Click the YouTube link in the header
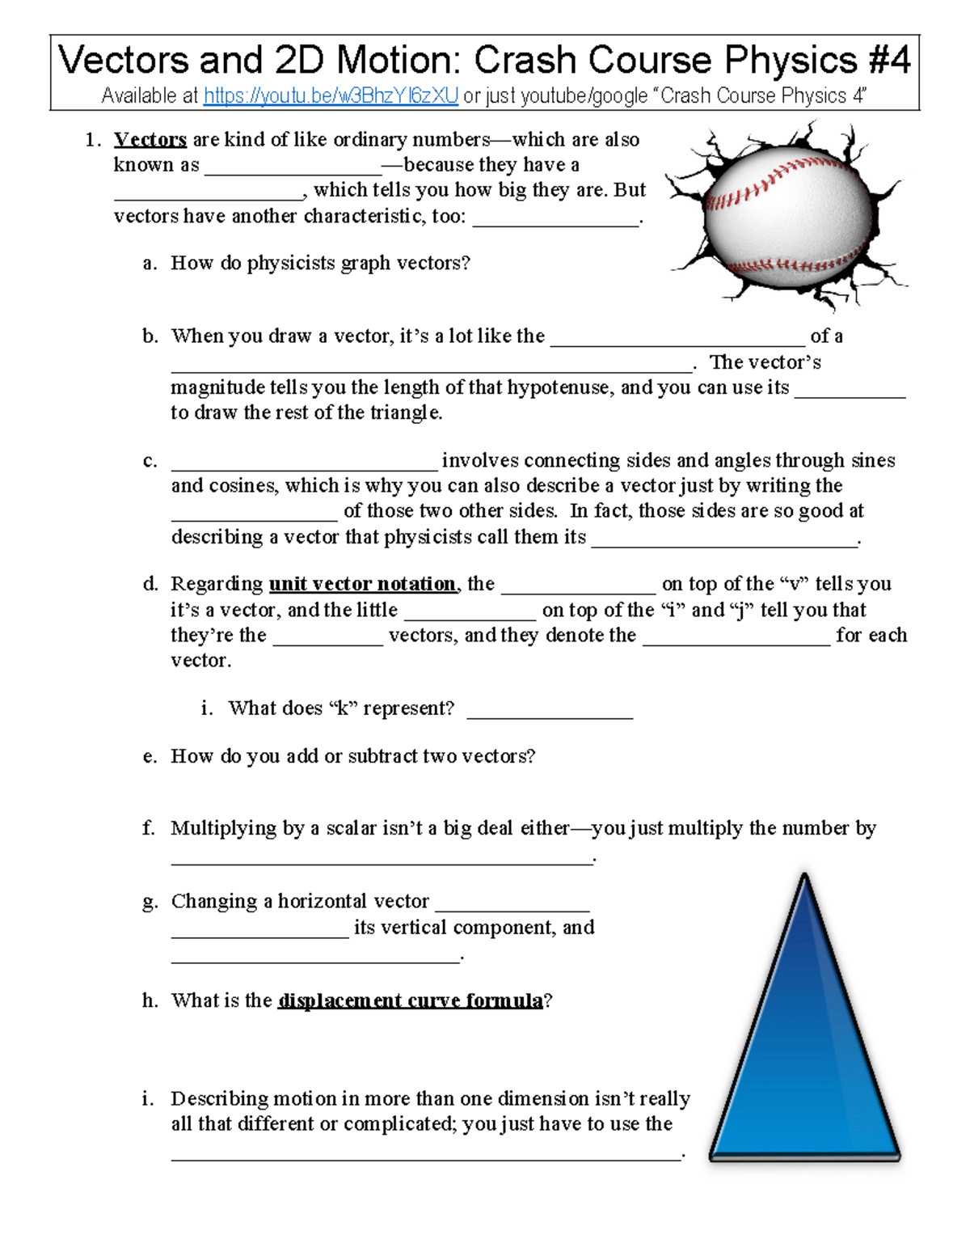pos(331,96)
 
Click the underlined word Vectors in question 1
pos(150,140)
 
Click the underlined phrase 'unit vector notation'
pos(362,584)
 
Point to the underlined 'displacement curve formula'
pos(411,1000)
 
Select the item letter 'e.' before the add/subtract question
pos(150,756)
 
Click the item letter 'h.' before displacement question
pos(150,1000)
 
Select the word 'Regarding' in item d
pos(217,584)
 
